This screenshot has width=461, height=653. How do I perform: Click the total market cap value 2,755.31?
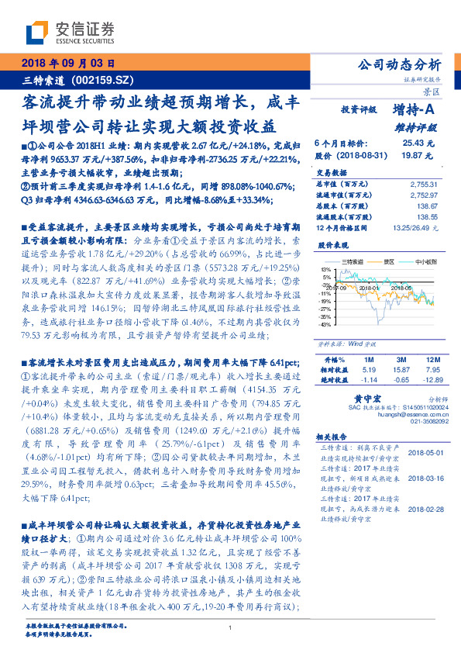423,183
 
